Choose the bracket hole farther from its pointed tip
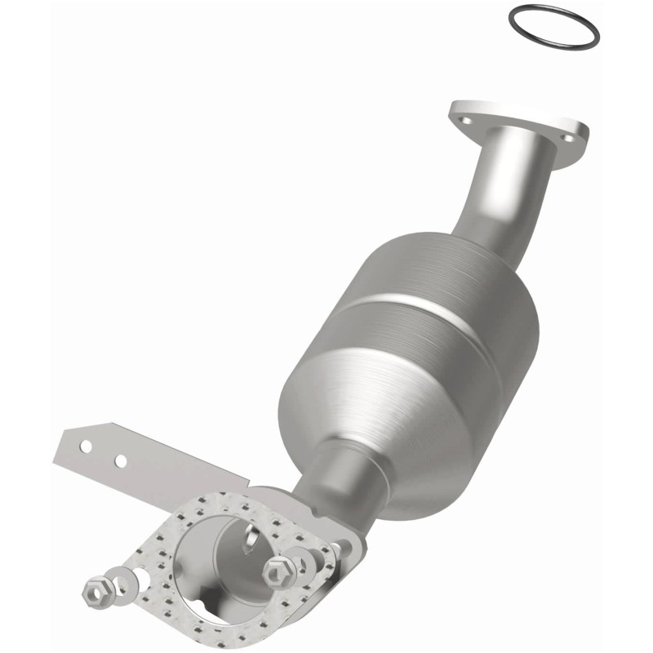[121, 461]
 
